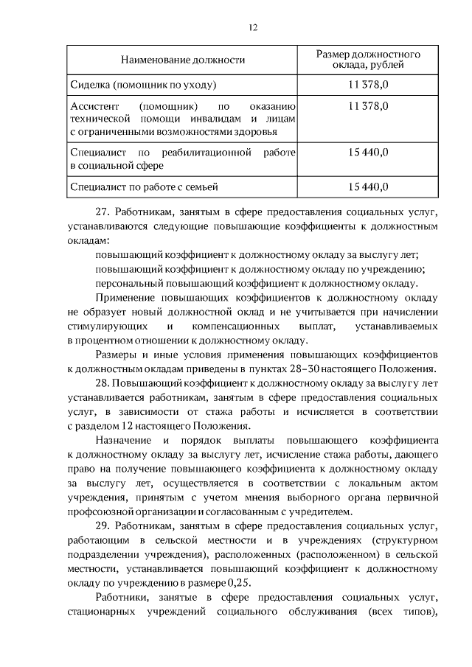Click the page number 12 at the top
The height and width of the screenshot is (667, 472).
(252, 27)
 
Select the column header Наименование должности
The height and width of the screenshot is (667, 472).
(183, 60)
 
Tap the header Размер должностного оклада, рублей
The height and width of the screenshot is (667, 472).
(368, 60)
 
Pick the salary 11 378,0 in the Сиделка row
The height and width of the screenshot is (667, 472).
(368, 85)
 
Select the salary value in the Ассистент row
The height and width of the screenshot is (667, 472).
(368, 106)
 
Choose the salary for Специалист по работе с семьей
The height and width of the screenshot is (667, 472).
(368, 187)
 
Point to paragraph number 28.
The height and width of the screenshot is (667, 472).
(103, 383)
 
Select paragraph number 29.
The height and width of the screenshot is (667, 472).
(103, 525)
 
